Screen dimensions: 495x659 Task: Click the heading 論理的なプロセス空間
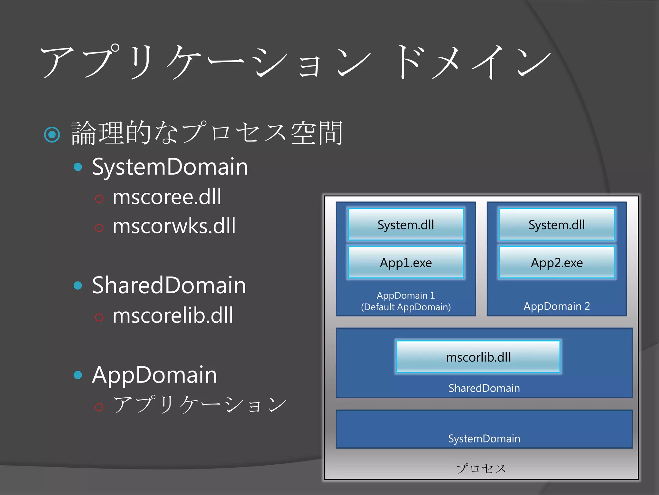[x=207, y=133]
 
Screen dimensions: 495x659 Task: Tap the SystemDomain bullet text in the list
[x=170, y=167]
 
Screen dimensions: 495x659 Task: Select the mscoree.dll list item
[x=167, y=197]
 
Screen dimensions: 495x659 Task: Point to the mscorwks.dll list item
[x=174, y=226]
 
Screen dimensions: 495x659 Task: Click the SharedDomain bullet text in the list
[x=169, y=285]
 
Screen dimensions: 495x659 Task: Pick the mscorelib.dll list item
[x=173, y=315]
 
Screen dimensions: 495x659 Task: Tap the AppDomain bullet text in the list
[x=154, y=375]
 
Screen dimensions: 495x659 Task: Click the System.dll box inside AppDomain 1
[x=406, y=225]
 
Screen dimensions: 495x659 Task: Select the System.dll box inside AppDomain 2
[x=557, y=225]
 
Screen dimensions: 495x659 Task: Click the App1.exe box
[x=406, y=263]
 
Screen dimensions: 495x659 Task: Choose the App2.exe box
[x=557, y=263]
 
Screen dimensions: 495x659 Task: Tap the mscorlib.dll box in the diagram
[x=478, y=357]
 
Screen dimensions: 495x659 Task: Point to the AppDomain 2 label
[x=557, y=306]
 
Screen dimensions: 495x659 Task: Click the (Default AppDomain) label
[x=406, y=307]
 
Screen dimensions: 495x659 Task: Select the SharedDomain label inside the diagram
[x=484, y=388]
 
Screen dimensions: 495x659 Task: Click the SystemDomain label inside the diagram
[x=484, y=439]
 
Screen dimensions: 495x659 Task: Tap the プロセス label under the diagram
[x=481, y=469]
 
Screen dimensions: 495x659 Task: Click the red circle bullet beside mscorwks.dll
[x=99, y=228]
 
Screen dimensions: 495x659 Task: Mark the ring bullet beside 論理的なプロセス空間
[x=52, y=134]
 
